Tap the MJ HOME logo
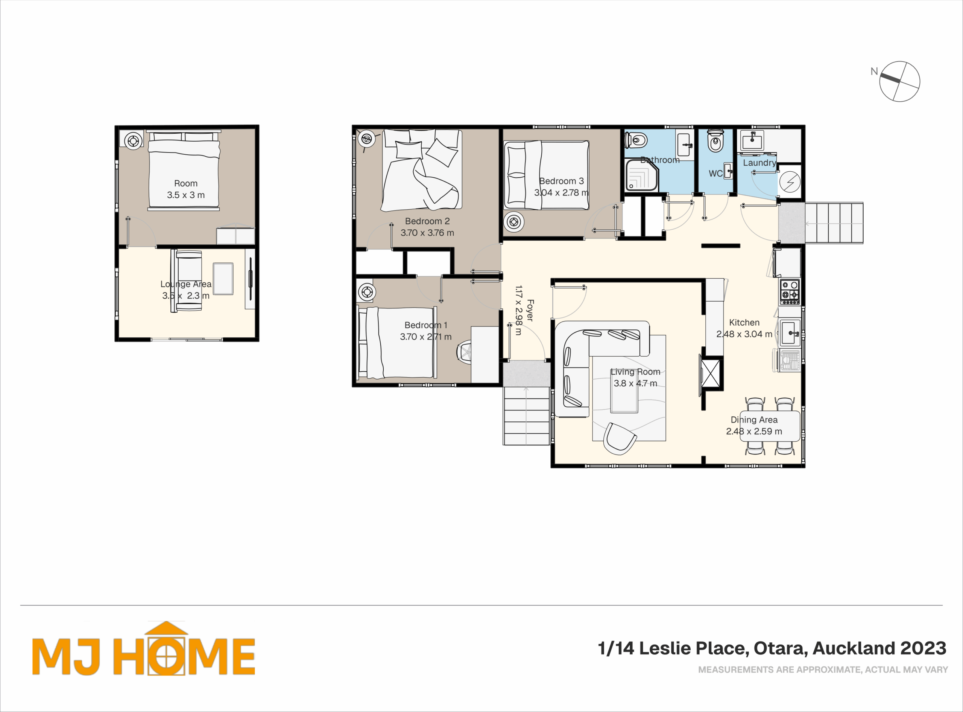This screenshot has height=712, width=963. [144, 649]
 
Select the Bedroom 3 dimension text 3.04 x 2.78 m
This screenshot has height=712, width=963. [561, 193]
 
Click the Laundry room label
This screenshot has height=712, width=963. [759, 163]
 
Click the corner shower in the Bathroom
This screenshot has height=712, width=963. [642, 175]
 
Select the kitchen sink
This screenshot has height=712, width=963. [790, 332]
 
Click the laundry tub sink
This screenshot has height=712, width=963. [752, 140]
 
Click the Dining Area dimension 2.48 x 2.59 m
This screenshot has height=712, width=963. [754, 431]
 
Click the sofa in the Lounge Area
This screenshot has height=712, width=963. [187, 281]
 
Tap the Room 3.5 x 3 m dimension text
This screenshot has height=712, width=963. [186, 195]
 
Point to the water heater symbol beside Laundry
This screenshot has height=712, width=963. [790, 181]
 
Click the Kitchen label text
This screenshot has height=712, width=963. [744, 322]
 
